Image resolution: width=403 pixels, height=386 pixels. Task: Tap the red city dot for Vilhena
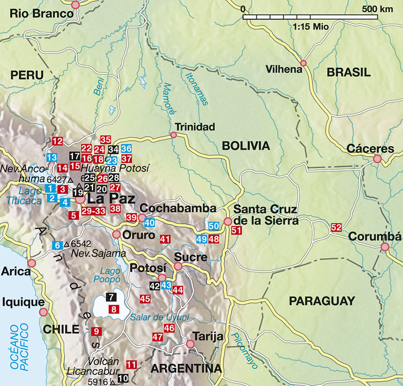pos(304,63)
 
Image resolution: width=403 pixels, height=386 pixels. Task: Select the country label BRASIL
pos(348,72)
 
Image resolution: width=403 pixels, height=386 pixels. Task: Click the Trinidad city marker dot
pos(173,135)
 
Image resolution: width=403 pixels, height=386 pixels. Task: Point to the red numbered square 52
pos(337,227)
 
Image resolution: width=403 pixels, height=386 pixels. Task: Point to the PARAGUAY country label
pos(321,301)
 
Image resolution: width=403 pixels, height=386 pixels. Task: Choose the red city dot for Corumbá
pos(385,247)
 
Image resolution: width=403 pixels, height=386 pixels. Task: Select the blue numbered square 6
pos(57,245)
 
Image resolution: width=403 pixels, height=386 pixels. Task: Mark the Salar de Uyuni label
pos(159,318)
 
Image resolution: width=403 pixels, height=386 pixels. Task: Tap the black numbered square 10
pos(123,378)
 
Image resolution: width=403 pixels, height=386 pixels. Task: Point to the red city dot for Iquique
pos(43,312)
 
